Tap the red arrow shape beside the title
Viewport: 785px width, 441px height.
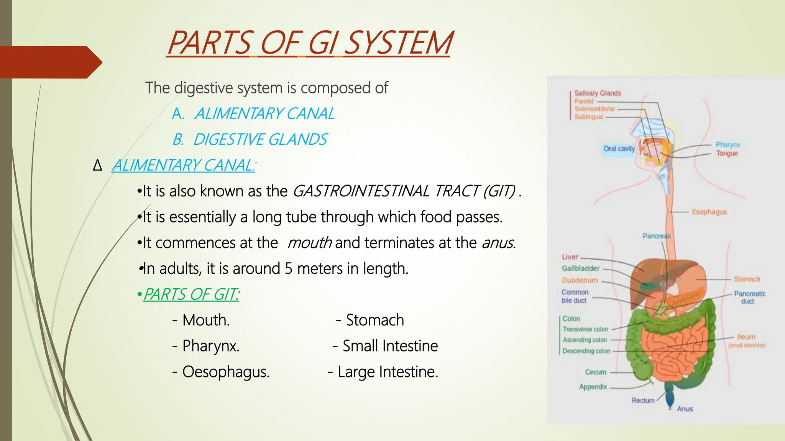click(50, 62)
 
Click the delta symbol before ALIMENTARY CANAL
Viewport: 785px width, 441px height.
click(98, 166)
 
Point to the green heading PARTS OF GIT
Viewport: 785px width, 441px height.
click(191, 294)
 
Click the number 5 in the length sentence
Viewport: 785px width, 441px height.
click(289, 268)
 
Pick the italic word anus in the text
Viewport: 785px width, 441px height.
click(498, 243)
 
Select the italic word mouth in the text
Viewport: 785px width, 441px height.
click(309, 243)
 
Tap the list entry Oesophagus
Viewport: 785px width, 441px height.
click(225, 372)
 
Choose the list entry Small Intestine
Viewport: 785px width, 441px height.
click(390, 346)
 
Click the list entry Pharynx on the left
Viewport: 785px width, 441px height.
click(210, 346)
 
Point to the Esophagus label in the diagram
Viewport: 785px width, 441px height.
click(709, 212)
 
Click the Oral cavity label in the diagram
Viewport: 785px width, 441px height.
click(619, 149)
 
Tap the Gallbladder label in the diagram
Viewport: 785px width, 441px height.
click(580, 268)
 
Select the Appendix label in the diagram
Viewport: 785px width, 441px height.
click(593, 387)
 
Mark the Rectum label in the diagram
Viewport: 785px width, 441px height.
click(643, 400)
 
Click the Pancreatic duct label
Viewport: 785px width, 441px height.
click(749, 297)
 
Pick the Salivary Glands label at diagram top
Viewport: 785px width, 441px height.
click(597, 93)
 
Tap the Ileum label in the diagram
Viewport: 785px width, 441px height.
click(746, 337)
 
